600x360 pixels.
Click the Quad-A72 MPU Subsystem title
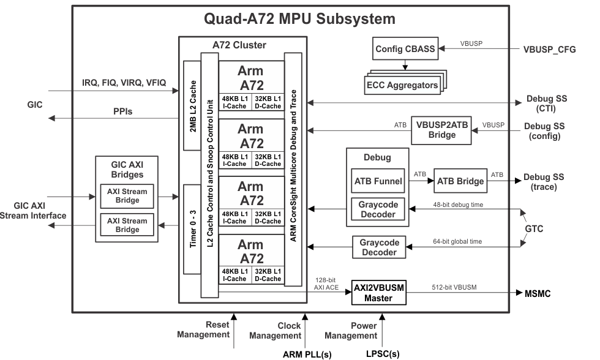click(299, 18)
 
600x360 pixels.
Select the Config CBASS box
click(405, 49)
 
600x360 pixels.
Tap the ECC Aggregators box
click(402, 84)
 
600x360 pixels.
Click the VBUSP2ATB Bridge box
click(441, 130)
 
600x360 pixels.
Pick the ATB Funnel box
click(378, 181)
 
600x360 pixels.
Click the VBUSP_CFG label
click(549, 50)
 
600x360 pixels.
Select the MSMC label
click(537, 294)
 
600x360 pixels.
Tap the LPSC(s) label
click(383, 354)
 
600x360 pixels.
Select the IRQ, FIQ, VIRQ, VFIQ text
click(124, 83)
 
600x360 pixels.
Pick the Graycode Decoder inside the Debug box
click(378, 209)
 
